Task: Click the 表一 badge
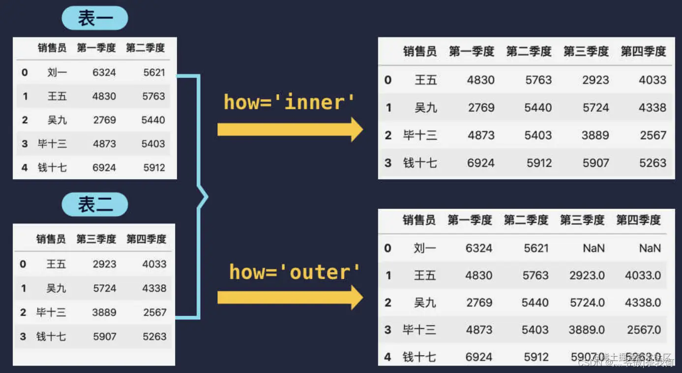(x=95, y=19)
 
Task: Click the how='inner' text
(x=290, y=102)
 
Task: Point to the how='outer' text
(x=295, y=272)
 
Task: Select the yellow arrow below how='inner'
(x=290, y=129)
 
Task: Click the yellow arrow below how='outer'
(x=290, y=297)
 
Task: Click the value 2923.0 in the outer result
(x=587, y=275)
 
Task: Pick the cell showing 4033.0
(x=643, y=275)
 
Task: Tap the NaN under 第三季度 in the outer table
(x=593, y=248)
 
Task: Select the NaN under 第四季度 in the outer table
(x=650, y=248)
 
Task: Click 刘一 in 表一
(x=57, y=72)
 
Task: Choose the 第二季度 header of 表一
(x=145, y=48)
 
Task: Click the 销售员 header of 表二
(x=51, y=239)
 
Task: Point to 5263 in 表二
(x=154, y=337)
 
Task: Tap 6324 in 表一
(x=104, y=72)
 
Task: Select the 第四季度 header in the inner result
(x=643, y=51)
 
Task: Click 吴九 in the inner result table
(x=425, y=107)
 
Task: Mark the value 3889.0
(x=587, y=329)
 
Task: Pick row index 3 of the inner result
(x=388, y=163)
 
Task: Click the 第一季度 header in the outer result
(x=470, y=220)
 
